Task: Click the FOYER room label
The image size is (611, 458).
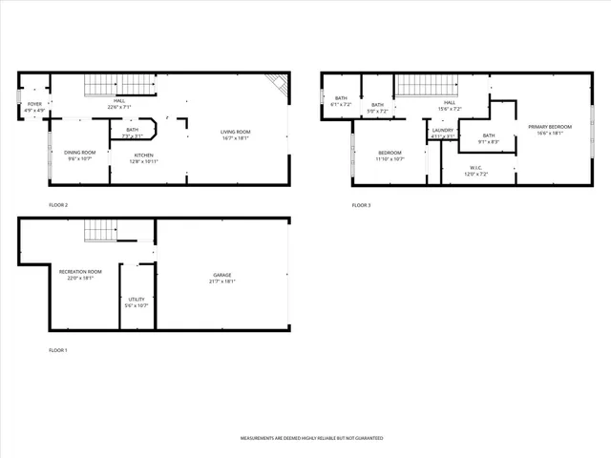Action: point(34,107)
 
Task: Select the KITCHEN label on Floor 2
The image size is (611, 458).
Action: point(144,155)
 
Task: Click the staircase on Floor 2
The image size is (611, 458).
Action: point(107,85)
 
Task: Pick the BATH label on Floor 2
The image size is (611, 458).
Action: point(132,131)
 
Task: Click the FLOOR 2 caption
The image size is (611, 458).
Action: point(58,205)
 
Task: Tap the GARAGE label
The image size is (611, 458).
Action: point(221,278)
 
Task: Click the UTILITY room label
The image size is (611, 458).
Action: point(137,301)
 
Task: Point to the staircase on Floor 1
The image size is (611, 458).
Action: point(99,230)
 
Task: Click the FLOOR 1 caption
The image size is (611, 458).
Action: point(58,351)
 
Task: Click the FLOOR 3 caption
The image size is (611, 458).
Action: point(361,205)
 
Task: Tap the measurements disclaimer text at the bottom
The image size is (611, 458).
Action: point(311,438)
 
